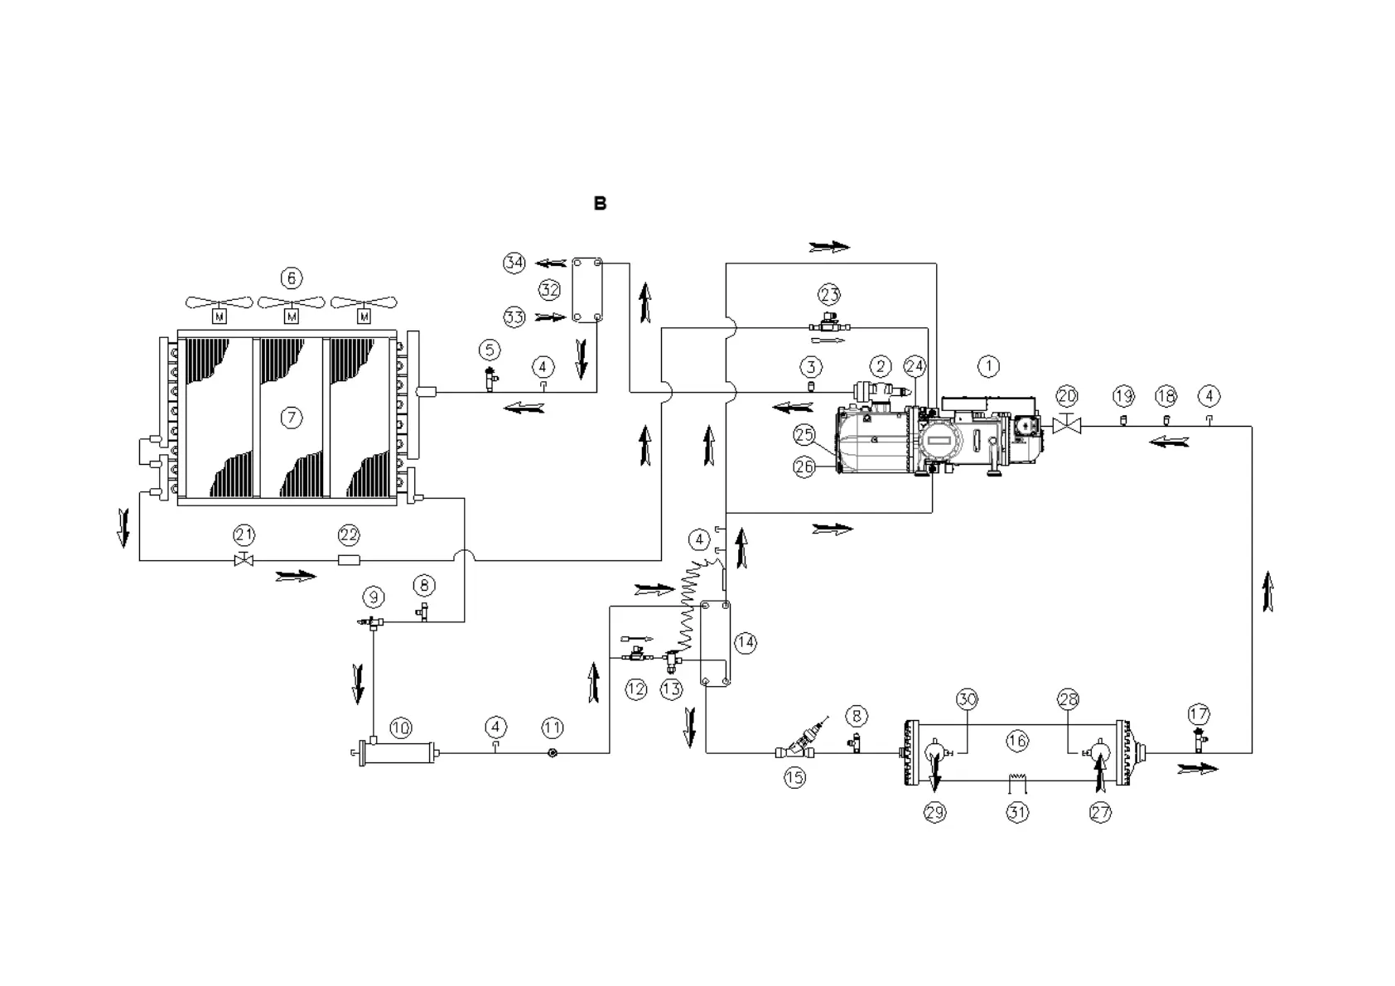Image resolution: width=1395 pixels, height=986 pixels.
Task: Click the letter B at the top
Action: click(x=600, y=203)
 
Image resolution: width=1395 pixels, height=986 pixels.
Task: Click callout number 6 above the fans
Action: click(x=291, y=278)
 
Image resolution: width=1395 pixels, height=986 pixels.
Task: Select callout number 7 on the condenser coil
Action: click(x=291, y=418)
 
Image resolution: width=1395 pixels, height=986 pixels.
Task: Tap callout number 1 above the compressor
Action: click(x=987, y=365)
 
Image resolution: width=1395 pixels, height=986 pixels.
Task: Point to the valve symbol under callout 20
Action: click(x=1067, y=426)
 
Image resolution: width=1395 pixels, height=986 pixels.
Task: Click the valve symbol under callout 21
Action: click(x=244, y=560)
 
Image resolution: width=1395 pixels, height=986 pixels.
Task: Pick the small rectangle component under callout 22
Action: click(x=349, y=560)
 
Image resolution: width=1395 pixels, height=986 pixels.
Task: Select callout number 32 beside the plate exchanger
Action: click(x=549, y=290)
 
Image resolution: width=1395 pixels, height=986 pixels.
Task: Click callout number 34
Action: click(x=514, y=263)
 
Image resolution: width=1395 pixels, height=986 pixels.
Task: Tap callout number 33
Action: click(x=514, y=317)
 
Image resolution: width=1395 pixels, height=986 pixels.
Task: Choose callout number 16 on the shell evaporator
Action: click(x=1017, y=740)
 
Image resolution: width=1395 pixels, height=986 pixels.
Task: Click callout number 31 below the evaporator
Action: click(x=1017, y=813)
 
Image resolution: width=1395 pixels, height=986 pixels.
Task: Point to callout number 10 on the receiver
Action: click(x=400, y=728)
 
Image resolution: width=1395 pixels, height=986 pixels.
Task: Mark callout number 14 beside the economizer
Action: click(x=746, y=642)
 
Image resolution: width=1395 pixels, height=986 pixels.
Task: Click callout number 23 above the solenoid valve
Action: click(x=829, y=293)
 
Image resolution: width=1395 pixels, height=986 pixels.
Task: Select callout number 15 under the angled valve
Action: click(x=794, y=777)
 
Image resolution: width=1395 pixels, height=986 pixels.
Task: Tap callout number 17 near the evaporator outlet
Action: click(x=1199, y=713)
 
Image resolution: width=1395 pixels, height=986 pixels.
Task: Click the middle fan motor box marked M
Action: click(x=292, y=317)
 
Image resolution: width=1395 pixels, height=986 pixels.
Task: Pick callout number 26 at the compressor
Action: click(x=804, y=467)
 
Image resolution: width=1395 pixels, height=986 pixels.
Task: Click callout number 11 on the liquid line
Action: click(x=553, y=727)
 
